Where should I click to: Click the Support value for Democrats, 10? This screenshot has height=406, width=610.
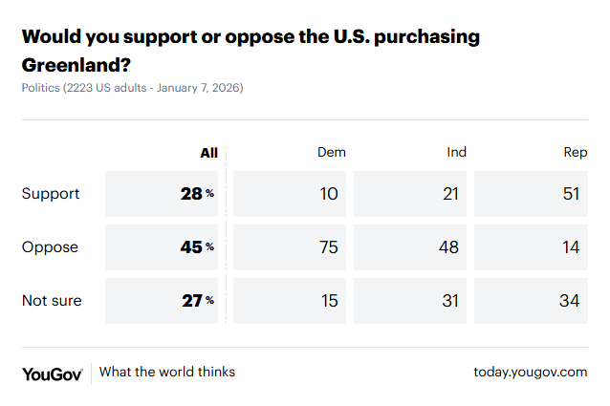329,194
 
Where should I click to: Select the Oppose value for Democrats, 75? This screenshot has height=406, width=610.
329,247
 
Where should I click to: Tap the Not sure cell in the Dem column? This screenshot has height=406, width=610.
329,301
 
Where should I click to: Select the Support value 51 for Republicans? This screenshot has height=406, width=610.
572,194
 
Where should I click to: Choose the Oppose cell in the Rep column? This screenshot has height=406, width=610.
572,247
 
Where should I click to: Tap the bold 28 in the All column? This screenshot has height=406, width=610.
191,194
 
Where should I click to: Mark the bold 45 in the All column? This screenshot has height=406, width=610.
191,247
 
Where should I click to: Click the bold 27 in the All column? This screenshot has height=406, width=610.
191,301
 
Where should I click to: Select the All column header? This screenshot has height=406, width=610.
208,153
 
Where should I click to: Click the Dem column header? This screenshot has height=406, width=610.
331,153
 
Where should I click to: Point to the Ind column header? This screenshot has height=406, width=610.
457,153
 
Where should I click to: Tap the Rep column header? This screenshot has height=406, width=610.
576,153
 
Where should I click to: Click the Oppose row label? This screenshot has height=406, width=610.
50,247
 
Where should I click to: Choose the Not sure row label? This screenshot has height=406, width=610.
52,301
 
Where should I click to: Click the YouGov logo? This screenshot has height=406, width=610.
52,373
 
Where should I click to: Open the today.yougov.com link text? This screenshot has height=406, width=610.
530,373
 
